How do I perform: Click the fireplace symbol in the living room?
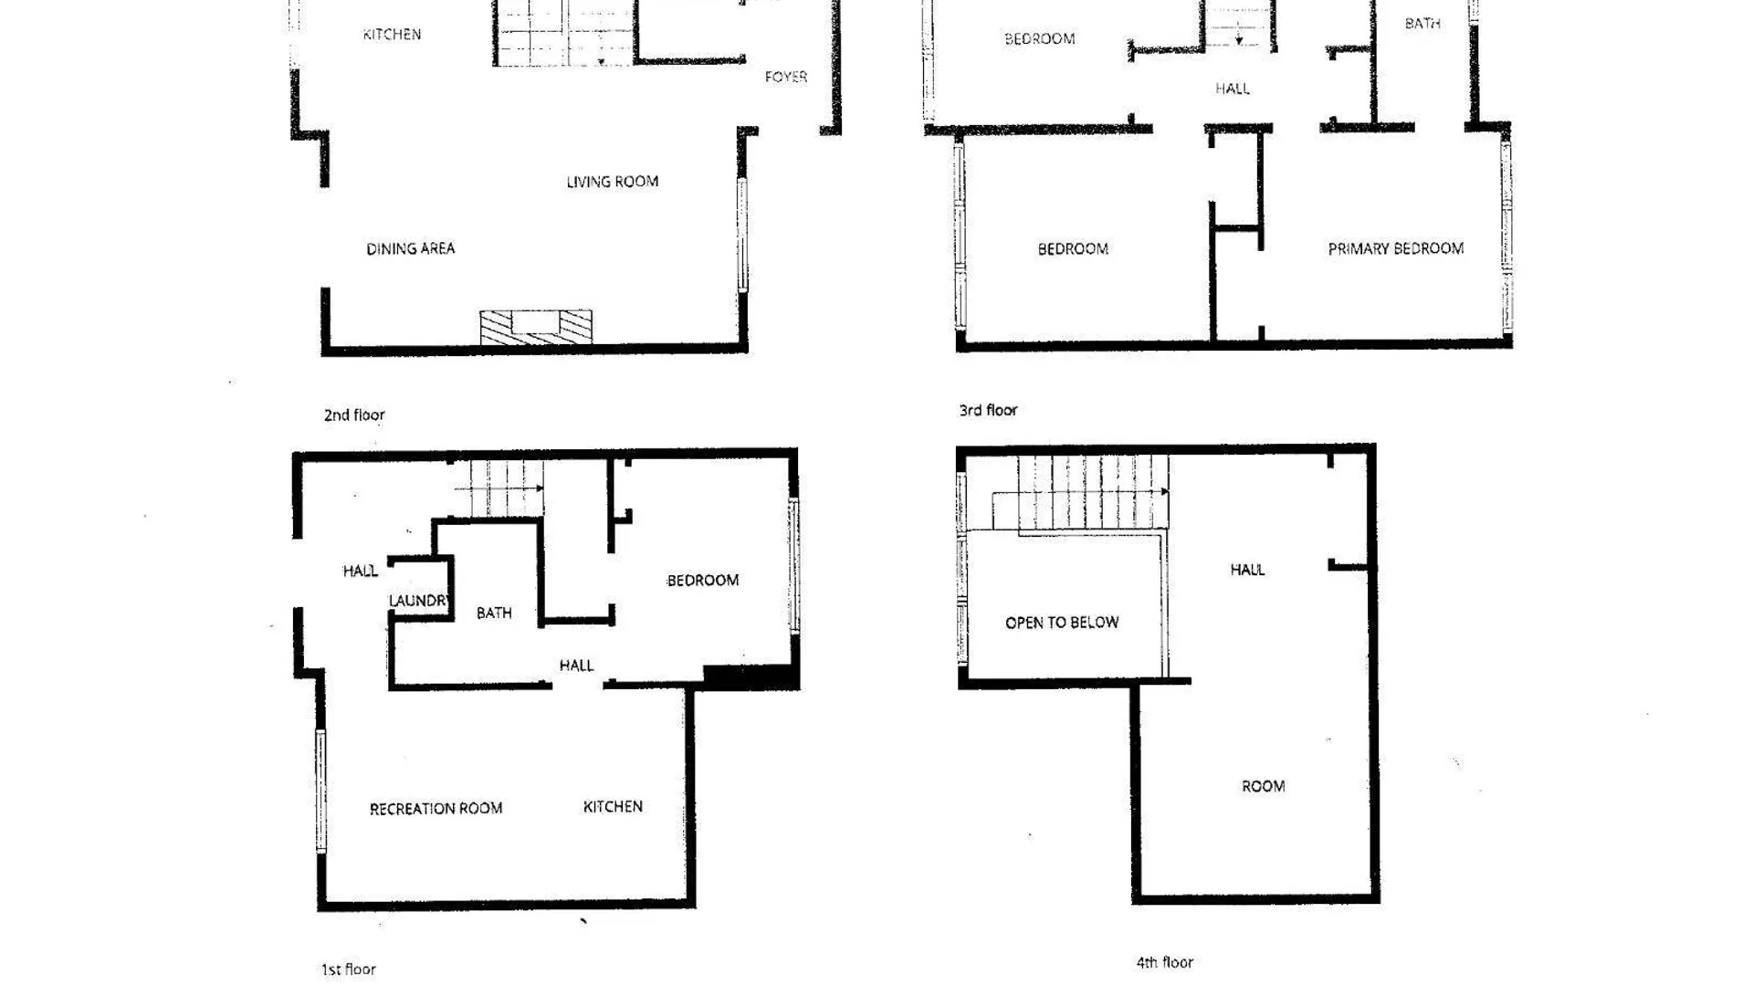click(x=536, y=327)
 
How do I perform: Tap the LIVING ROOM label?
click(x=613, y=182)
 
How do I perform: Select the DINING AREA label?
click(x=410, y=248)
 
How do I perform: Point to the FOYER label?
click(x=786, y=77)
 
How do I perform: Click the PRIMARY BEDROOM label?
click(x=1396, y=248)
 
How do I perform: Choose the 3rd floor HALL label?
click(x=1233, y=89)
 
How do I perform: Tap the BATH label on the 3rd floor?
click(x=1422, y=24)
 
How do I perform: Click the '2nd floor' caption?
click(x=354, y=415)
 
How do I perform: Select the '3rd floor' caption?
click(x=988, y=411)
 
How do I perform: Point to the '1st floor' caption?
click(x=348, y=970)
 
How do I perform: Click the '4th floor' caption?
click(x=1165, y=962)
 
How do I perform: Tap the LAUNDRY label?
click(x=419, y=601)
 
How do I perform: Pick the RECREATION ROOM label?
click(x=436, y=809)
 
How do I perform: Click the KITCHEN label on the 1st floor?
click(x=613, y=807)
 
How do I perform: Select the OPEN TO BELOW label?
click(x=1062, y=623)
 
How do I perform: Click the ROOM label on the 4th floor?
click(x=1264, y=787)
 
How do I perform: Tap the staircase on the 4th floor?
click(x=1080, y=493)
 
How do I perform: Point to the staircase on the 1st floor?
click(x=499, y=488)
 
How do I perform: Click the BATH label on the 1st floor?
click(x=494, y=614)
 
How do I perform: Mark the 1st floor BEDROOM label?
click(x=703, y=581)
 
